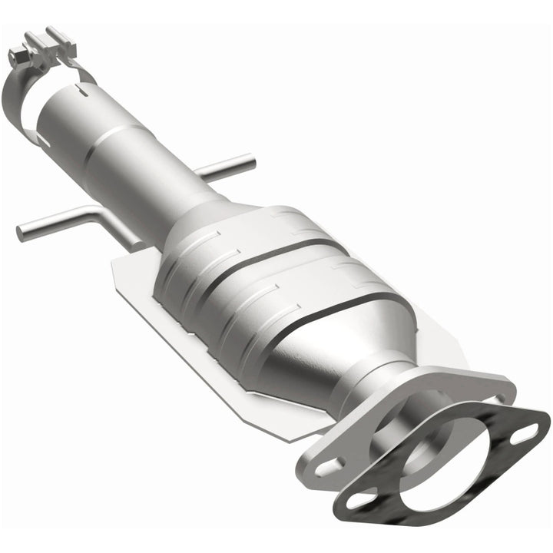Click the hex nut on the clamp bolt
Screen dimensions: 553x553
(x=18, y=55)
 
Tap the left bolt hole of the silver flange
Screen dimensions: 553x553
(x=328, y=463)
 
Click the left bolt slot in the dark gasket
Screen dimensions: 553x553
(x=358, y=500)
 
